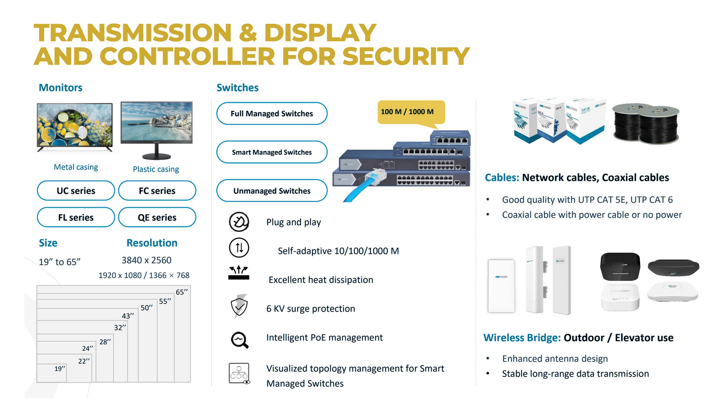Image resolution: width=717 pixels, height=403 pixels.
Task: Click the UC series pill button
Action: pos(76,190)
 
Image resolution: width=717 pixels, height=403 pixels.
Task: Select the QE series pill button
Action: pos(157,217)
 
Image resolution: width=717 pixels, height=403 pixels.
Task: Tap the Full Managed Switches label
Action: pos(272,113)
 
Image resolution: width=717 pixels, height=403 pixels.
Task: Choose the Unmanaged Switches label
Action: pos(272,191)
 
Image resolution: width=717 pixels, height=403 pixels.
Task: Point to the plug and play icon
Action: pos(239,222)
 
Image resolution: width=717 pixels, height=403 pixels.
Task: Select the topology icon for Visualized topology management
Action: pos(239,373)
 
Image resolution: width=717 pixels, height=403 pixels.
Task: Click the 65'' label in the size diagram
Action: pos(181,292)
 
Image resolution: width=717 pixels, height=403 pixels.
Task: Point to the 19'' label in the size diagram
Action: pos(59,369)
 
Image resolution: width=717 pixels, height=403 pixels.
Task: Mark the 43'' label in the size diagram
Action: pos(128,316)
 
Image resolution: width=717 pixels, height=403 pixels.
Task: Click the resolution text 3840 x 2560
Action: pos(146,260)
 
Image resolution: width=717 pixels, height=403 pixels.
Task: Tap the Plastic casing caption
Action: pos(156,169)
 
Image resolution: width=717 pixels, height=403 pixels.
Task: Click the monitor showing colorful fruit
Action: pos(75,125)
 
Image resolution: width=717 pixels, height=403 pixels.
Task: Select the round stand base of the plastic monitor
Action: pos(157,156)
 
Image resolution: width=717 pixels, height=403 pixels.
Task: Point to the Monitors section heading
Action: pos(61,87)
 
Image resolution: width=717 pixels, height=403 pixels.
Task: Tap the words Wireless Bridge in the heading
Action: pos(522,338)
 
